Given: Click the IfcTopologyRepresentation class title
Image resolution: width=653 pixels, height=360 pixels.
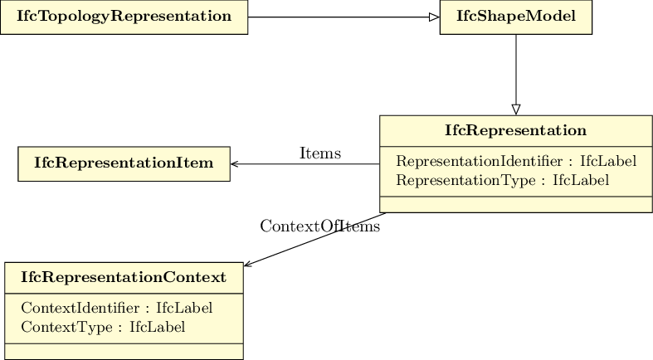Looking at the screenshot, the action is (x=124, y=17).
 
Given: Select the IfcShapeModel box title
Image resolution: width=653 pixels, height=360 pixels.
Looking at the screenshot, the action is (x=516, y=17).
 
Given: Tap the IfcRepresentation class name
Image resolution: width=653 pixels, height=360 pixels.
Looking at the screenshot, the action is (x=515, y=130).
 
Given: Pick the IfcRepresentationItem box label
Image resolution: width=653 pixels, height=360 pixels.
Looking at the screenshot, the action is (x=124, y=163).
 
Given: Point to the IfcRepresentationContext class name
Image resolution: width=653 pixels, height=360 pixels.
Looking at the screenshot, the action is (x=124, y=277).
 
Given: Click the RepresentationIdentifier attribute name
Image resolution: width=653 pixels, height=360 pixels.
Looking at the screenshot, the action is (x=480, y=161).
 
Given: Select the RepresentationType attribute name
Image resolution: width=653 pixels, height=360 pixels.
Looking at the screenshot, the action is (x=465, y=180).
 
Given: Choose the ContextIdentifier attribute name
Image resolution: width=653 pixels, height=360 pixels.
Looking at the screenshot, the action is (x=80, y=308).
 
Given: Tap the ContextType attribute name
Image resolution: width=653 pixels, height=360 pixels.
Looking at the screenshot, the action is (x=66, y=327).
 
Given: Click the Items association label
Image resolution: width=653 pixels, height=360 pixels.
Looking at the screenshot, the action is (x=320, y=153).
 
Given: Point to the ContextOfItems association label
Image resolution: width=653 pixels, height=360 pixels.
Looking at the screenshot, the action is (x=319, y=226).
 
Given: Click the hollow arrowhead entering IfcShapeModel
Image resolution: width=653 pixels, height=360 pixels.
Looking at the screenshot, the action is (x=434, y=17).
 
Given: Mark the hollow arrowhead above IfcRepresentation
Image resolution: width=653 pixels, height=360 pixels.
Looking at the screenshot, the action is (x=516, y=109).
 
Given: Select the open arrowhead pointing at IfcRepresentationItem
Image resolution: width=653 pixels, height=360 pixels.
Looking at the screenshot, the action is (x=235, y=164).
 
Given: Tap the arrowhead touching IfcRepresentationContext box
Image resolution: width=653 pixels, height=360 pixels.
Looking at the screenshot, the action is (x=248, y=263).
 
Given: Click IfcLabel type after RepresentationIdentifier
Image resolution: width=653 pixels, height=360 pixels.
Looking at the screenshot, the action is (x=608, y=161).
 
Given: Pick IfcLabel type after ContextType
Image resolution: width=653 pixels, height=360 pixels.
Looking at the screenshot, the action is (x=158, y=327).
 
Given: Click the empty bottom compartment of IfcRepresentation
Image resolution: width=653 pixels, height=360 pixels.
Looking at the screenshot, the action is (x=516, y=205).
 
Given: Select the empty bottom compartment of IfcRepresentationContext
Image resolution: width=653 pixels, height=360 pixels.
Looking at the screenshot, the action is (x=124, y=352).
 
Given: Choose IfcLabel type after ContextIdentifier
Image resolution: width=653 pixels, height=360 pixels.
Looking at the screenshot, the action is (x=184, y=308).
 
